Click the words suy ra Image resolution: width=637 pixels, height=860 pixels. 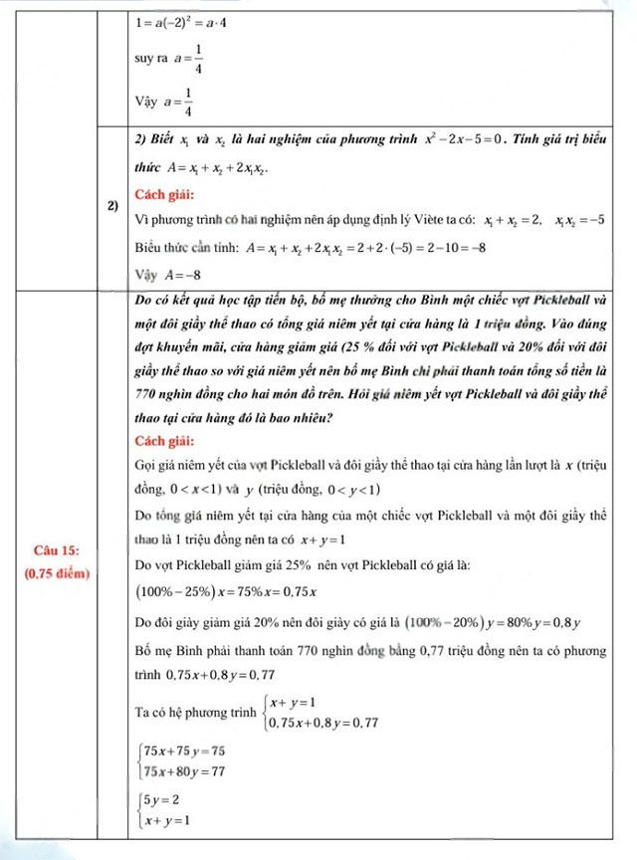coord(150,59)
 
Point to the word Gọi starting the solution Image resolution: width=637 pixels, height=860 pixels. coord(145,465)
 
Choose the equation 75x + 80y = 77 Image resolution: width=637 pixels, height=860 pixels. coord(185,771)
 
